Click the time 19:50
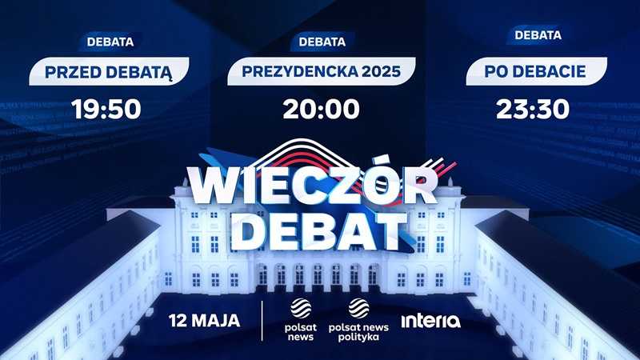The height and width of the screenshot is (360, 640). (x=106, y=109)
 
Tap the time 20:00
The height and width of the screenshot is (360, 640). (x=322, y=109)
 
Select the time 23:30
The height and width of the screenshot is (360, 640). (x=533, y=109)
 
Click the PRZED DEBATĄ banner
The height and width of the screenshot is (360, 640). (x=109, y=71)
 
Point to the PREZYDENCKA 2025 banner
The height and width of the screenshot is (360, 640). (x=322, y=71)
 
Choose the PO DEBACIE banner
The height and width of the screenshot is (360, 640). (x=536, y=71)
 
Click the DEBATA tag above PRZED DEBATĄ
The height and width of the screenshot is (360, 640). (x=110, y=42)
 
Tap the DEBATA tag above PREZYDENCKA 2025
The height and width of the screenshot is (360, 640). (x=322, y=42)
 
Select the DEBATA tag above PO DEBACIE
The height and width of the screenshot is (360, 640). (x=538, y=35)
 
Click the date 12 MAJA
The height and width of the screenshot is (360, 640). (x=205, y=321)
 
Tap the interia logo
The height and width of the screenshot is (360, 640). (x=431, y=321)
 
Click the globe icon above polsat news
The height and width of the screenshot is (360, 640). (x=301, y=308)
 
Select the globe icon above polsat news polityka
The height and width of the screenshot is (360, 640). (x=358, y=308)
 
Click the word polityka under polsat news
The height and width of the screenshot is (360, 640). (x=358, y=338)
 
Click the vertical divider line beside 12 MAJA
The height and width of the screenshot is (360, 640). (x=262, y=321)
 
